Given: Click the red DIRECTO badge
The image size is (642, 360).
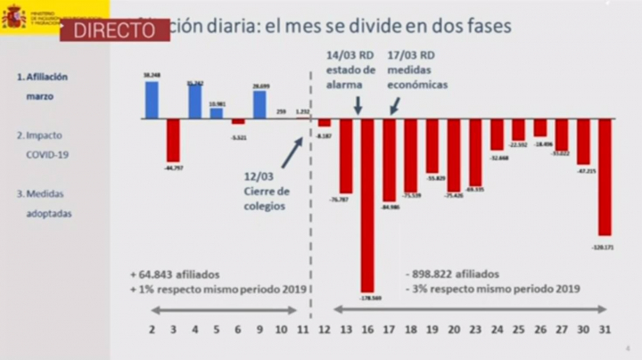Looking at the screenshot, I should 114,29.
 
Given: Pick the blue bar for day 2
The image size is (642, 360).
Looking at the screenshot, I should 152,101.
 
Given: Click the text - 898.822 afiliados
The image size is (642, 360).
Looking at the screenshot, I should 452,274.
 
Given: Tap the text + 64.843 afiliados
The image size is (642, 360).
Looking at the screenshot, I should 174,274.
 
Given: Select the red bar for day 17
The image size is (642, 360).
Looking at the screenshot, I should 389,160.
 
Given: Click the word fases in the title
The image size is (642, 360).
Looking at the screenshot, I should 489,26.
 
